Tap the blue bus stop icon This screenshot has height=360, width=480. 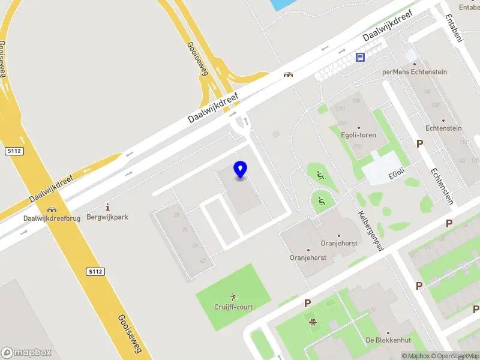(360, 57)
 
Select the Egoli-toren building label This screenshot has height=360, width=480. (359, 135)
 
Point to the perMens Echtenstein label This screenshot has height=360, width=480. (415, 72)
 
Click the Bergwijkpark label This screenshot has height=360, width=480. (108, 217)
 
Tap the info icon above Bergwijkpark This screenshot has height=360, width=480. (108, 206)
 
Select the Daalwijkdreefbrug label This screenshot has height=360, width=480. (52, 218)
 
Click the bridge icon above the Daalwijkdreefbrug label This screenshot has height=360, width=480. (52, 209)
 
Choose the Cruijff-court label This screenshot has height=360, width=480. (233, 307)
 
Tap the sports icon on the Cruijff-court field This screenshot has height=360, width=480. (233, 297)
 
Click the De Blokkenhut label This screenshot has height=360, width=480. (388, 340)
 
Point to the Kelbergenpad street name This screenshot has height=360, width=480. (371, 230)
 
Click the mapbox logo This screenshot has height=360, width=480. (26, 353)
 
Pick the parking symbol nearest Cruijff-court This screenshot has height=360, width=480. (307, 304)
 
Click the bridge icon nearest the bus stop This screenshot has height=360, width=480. (289, 74)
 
